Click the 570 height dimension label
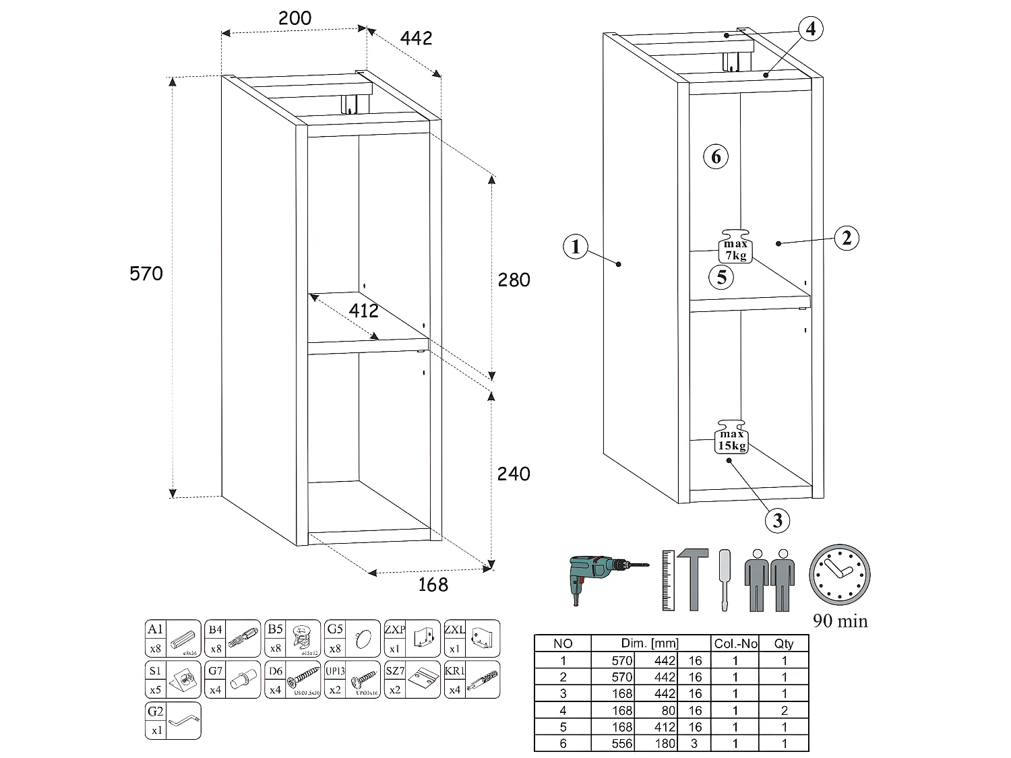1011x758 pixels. point(146,274)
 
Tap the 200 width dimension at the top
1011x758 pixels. point(295,18)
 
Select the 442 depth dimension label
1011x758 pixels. point(416,38)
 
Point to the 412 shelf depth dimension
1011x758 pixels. point(363,311)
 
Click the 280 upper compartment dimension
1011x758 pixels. point(514,280)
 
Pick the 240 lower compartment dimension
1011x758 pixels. point(514,474)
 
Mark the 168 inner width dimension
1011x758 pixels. point(433,584)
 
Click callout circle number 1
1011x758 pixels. point(575,247)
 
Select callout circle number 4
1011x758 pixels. point(811,28)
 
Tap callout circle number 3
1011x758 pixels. point(778,520)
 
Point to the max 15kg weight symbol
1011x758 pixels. point(732,437)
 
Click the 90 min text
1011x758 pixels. point(840,621)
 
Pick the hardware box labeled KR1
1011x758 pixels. point(472,679)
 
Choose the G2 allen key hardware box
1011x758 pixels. point(173,720)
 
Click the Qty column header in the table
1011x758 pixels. point(784,643)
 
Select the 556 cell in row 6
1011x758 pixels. point(621,743)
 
